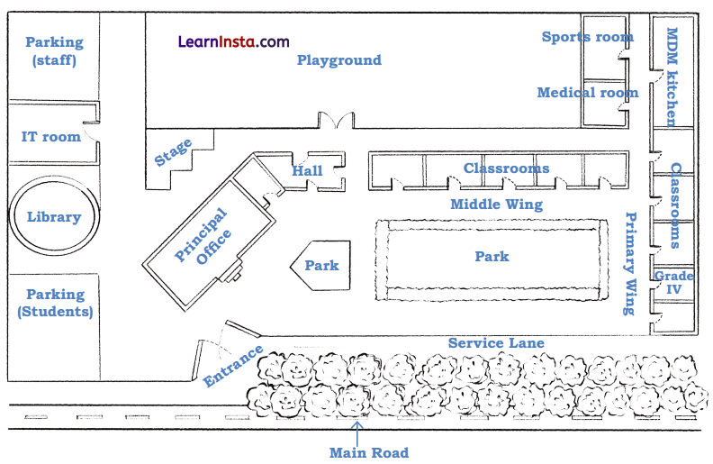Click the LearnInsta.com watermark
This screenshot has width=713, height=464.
[x=233, y=41]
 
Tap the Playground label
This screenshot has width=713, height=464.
[x=339, y=60]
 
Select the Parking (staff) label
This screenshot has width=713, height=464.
[x=55, y=50]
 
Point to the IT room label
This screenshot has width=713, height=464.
[x=51, y=136]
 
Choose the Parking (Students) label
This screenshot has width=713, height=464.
[x=56, y=303]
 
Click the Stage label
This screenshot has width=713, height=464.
[x=173, y=152]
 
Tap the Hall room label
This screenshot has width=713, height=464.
[x=307, y=170]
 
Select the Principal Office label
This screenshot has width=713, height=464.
[x=203, y=236]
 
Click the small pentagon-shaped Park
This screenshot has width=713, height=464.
[x=320, y=266]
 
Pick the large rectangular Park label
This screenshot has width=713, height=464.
[x=492, y=256]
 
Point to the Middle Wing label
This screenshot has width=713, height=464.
[x=497, y=205]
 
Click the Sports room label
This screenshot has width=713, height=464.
[x=588, y=36]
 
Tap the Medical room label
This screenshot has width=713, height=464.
[x=588, y=92]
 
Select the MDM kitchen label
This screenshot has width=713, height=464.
[x=672, y=77]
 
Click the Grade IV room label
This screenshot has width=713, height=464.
[x=674, y=282]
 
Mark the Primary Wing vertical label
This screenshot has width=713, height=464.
[x=630, y=263]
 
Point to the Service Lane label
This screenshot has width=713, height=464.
[x=496, y=343]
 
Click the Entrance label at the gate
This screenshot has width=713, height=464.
[x=233, y=365]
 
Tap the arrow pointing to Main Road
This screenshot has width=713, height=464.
[x=357, y=433]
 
